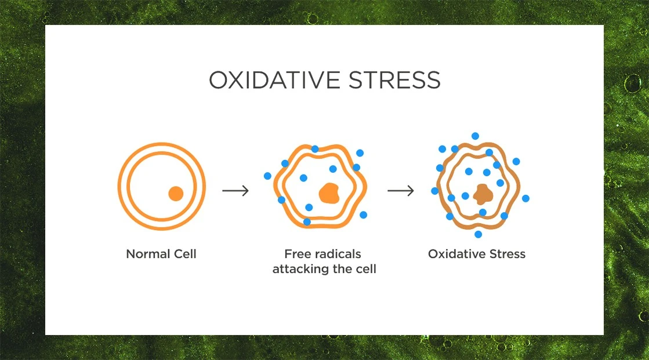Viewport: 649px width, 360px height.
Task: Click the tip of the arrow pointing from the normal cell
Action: point(249,190)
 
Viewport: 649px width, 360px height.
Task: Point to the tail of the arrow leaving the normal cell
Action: point(223,190)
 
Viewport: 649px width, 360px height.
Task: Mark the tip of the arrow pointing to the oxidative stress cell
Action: point(414,190)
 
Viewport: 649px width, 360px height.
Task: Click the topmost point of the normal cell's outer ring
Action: point(162,143)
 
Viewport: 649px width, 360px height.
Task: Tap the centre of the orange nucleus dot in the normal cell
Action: point(176,194)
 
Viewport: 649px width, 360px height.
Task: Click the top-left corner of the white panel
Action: point(45,25)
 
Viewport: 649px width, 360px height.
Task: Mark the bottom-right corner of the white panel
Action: point(604,335)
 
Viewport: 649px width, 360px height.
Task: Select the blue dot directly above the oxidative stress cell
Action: point(475,136)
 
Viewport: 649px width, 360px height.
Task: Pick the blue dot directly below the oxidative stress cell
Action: point(478,235)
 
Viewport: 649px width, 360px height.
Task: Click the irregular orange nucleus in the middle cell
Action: point(329,193)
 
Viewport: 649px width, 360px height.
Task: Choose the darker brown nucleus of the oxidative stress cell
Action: point(483,194)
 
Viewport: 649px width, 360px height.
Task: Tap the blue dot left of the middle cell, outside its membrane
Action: point(267,176)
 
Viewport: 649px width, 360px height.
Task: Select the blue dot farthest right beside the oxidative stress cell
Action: point(525,199)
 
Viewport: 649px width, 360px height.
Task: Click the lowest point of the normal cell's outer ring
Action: point(162,230)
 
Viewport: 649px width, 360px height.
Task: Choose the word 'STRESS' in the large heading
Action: point(394,80)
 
